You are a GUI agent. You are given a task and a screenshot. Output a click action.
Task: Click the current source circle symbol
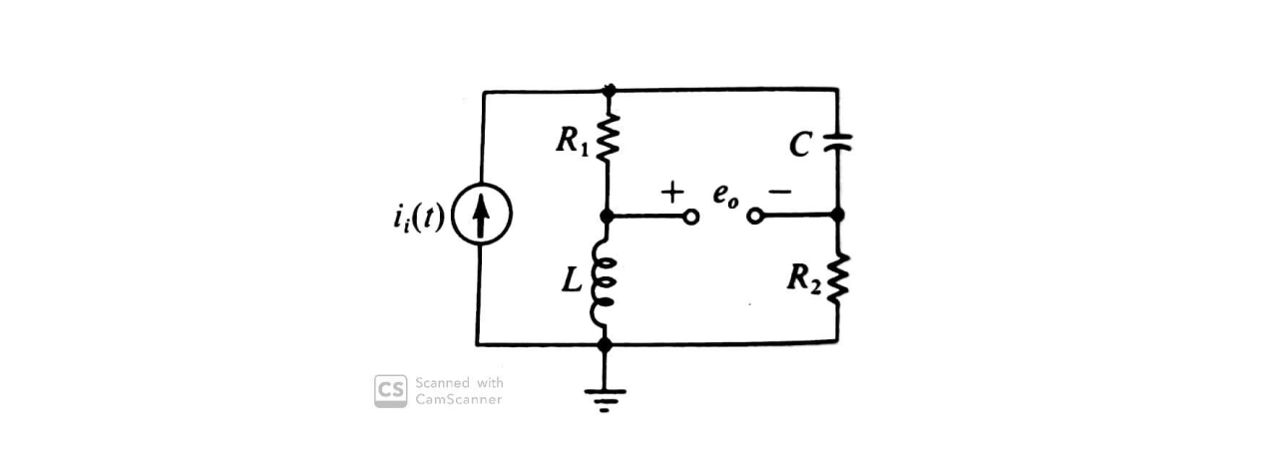point(482,217)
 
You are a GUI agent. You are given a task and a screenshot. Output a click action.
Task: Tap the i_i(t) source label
point(421,217)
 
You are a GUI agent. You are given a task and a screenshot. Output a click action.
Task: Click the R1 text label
point(573,143)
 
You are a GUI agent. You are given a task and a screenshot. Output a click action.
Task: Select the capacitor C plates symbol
point(837,143)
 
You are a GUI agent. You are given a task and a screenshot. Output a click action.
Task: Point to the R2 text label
point(803,278)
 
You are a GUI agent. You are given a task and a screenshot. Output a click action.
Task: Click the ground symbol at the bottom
point(605,398)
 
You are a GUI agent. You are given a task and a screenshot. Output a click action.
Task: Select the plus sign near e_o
point(673,190)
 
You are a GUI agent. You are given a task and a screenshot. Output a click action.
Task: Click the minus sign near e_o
point(779,192)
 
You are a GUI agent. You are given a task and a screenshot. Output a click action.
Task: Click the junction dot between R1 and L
point(607,216)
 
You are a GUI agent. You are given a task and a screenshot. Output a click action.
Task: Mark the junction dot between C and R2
point(837,215)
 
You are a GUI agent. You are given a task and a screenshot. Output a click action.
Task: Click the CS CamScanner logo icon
point(390,390)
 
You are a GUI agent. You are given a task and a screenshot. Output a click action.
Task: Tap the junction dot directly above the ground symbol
point(605,344)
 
